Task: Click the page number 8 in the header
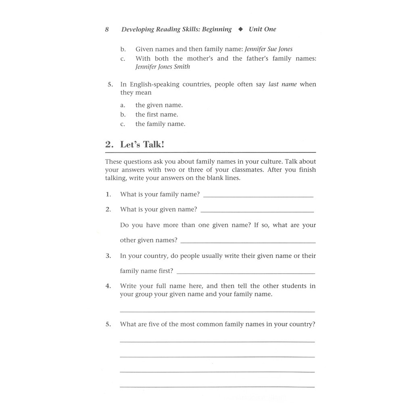tap(107, 29)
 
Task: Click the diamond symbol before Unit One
tap(240, 29)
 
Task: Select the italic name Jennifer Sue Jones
tap(269, 49)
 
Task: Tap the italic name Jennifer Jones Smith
tap(163, 67)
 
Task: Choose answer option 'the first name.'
tap(156, 115)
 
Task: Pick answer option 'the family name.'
tap(160, 124)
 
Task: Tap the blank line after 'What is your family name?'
tap(258, 196)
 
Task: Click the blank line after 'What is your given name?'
tap(257, 211)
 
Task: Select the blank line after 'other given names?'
tap(248, 242)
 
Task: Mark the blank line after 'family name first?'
tap(246, 273)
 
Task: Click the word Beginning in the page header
tap(217, 29)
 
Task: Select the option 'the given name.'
tap(159, 105)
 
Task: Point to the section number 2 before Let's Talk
tap(108, 145)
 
